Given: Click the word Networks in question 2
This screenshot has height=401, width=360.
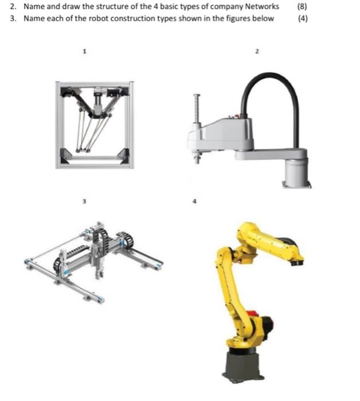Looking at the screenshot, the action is coord(262,6).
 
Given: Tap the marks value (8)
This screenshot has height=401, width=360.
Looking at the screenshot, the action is coord(302,6).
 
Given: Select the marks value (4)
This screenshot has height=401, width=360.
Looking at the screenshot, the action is coord(303,18).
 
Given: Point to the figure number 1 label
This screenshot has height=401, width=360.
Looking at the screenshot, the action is coord(85,51).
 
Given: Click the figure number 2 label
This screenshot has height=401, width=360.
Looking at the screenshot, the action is coord(257,51).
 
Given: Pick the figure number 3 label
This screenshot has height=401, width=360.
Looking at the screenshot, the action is coord(84,201).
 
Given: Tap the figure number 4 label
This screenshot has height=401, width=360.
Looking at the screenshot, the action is coord(194,201).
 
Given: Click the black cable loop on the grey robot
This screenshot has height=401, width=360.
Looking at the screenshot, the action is coord(271,76).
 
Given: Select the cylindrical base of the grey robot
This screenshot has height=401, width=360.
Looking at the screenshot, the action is coord(297,172).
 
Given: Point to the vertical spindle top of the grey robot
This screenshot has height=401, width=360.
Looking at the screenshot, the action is coord(197,96).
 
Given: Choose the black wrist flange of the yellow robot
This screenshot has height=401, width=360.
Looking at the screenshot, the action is coord(298,262).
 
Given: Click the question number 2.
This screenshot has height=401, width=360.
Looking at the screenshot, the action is coord(13,6).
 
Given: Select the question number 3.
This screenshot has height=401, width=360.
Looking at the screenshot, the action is coord(13,18).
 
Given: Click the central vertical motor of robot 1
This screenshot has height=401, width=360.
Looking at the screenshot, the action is coord(98,101).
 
